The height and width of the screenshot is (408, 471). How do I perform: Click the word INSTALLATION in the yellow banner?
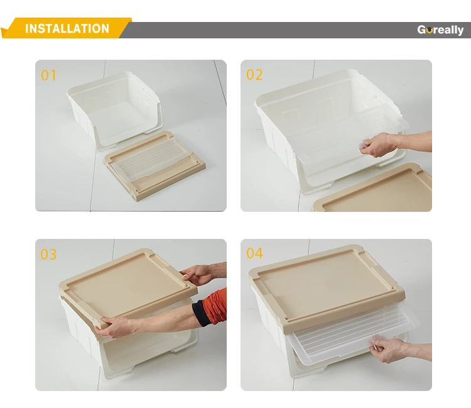point(67,29)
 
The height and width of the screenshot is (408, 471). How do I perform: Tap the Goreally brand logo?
point(440,30)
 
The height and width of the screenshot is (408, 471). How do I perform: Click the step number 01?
point(48,75)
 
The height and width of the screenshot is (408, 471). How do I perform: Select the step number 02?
point(254,75)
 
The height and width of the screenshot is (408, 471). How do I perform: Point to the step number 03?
point(48,255)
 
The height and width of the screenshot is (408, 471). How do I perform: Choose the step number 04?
point(254,253)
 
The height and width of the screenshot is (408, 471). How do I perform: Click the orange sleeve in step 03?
point(215,306)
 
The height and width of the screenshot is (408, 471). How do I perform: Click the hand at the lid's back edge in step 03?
point(199,274)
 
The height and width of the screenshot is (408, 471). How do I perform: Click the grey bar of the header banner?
point(296,30)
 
